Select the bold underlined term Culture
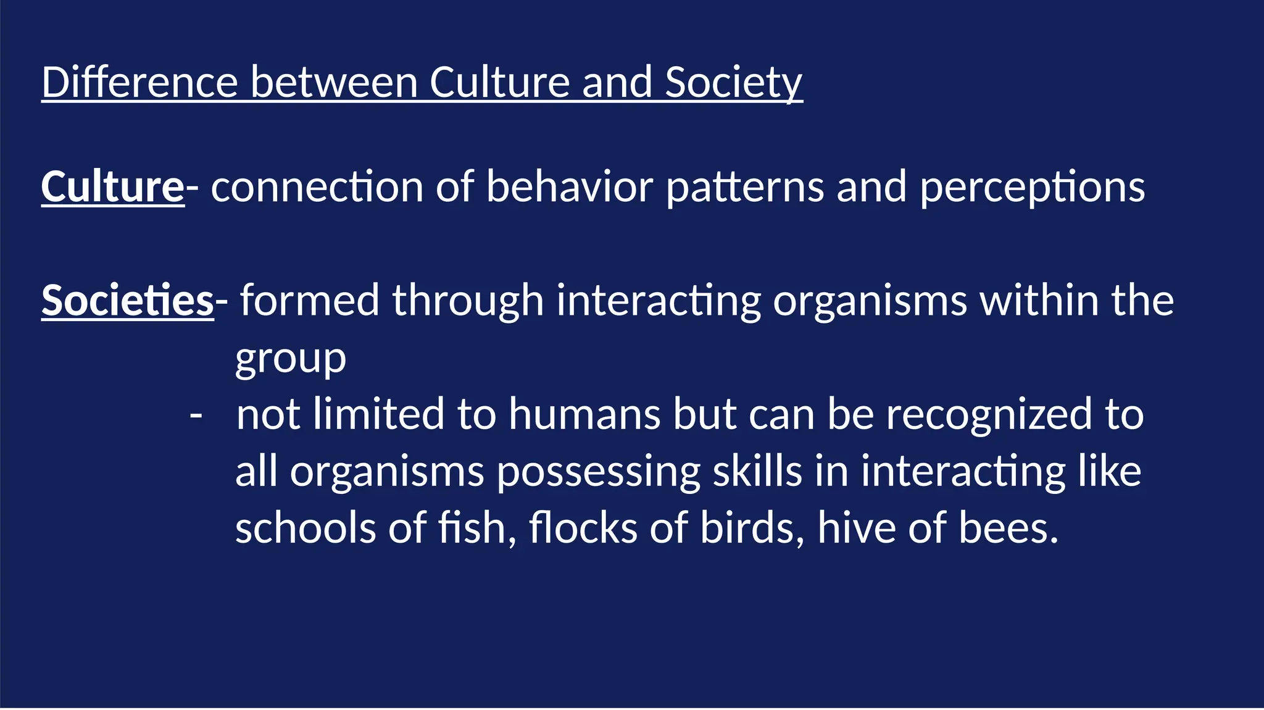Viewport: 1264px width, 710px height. (x=112, y=186)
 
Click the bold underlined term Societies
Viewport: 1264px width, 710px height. (x=127, y=301)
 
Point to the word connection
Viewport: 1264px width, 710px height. (x=317, y=186)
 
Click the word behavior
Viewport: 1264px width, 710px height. (x=569, y=186)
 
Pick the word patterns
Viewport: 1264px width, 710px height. (x=745, y=186)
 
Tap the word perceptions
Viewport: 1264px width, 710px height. (x=1032, y=186)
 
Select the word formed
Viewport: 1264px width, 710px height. (x=309, y=301)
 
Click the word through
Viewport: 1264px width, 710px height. (x=468, y=301)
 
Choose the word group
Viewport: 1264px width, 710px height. (x=291, y=359)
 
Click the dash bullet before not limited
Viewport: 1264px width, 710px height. (x=196, y=415)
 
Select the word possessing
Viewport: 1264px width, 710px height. (x=598, y=472)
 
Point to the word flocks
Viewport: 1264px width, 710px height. (x=583, y=529)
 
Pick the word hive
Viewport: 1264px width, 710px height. (x=856, y=529)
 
